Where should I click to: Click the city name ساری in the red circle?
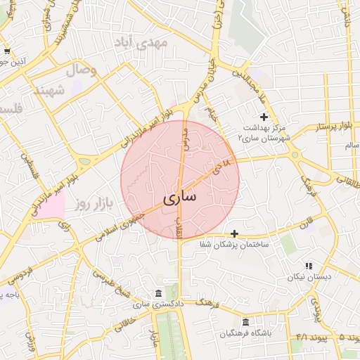180,198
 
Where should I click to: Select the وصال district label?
81,70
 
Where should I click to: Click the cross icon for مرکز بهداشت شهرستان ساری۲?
264,117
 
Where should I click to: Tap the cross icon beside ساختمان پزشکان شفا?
234,233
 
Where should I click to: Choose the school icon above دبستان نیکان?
308,266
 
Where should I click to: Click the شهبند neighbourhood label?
50,91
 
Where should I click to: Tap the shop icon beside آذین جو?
6,52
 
